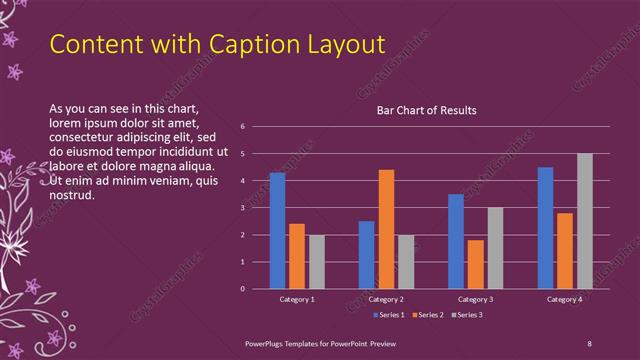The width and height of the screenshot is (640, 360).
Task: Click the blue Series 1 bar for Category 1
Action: pyautogui.click(x=277, y=231)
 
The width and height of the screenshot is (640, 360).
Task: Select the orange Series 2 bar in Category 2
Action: pyautogui.click(x=386, y=229)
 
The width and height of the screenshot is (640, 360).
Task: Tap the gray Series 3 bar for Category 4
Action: pyautogui.click(x=585, y=221)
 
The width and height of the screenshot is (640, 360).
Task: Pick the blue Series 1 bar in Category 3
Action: pyautogui.click(x=456, y=241)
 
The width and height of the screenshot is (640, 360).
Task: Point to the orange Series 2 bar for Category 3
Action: pyautogui.click(x=475, y=264)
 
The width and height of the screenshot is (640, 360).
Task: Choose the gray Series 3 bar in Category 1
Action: pyautogui.click(x=316, y=262)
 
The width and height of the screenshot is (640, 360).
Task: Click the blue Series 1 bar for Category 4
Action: pyautogui.click(x=545, y=228)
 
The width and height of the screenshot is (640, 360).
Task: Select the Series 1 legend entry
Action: pyautogui.click(x=390, y=315)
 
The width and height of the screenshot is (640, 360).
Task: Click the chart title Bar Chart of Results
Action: pyautogui.click(x=426, y=110)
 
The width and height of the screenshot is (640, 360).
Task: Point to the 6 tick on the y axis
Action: pyautogui.click(x=243, y=127)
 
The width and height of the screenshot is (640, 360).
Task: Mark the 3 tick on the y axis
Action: pyautogui.click(x=243, y=208)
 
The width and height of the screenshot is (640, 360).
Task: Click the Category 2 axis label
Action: pyautogui.click(x=386, y=299)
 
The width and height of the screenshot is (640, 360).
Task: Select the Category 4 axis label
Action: pyautogui.click(x=565, y=299)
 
